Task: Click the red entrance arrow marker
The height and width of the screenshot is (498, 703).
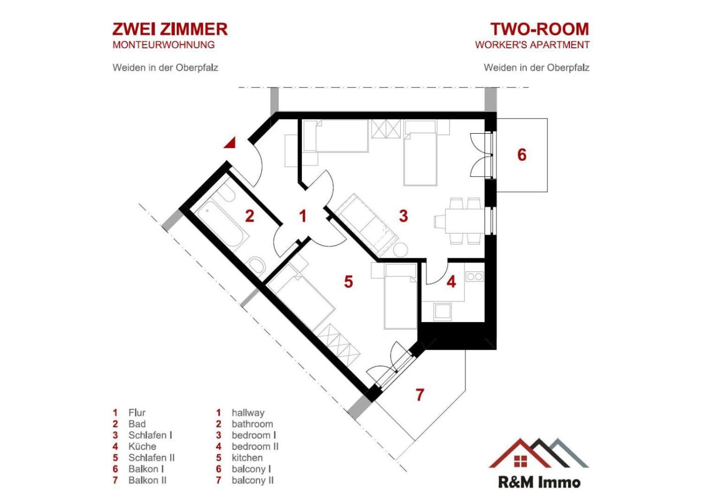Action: coord(230,143)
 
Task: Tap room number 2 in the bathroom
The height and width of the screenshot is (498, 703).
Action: coord(250,216)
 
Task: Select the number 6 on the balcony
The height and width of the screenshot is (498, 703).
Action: coord(522,155)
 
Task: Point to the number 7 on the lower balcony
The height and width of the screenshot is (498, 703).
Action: coord(420,394)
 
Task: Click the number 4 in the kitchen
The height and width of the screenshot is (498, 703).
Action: coord(451,281)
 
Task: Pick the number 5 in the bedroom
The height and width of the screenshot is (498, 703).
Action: coord(348,281)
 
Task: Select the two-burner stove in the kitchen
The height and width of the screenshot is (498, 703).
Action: coord(474,276)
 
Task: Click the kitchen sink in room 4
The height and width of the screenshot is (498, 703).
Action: coord(442,312)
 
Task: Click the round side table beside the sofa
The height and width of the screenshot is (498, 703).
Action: coord(400,250)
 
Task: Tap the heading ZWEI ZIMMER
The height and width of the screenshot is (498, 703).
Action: coord(170,29)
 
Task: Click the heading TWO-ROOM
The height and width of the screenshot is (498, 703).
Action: coord(540,29)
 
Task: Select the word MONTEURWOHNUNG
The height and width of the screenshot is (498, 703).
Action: coord(164,45)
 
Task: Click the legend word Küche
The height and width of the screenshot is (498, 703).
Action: coord(142,446)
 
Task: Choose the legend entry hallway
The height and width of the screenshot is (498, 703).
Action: coord(248,413)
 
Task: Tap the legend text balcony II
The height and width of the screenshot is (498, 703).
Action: coord(253,480)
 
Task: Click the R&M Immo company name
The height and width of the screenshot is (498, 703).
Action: coord(539,482)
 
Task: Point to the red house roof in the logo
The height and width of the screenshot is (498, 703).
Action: coord(520,452)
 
